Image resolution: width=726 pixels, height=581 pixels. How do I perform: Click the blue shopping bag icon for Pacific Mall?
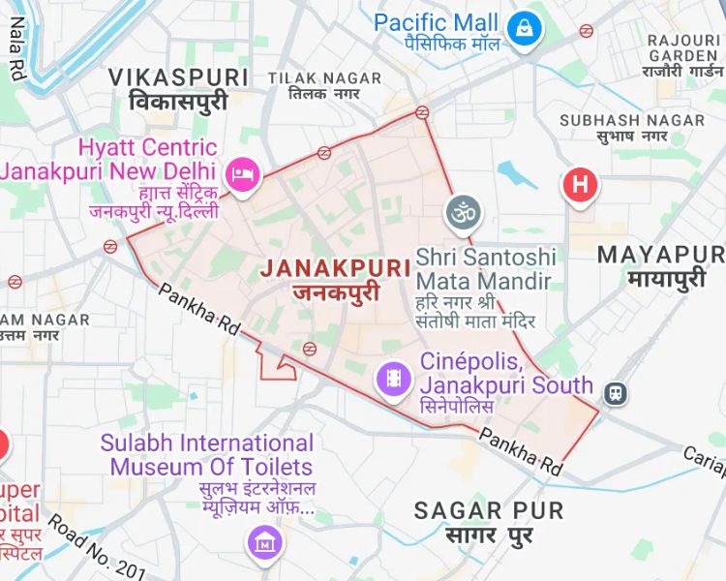click(x=524, y=26)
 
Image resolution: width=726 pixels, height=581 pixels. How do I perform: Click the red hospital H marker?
click(x=580, y=184)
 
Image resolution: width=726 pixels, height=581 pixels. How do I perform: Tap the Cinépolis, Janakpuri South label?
click(x=505, y=384)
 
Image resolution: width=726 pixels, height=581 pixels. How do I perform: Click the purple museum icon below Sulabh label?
click(x=263, y=542)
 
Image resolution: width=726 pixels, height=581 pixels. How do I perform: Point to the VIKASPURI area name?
click(x=178, y=87)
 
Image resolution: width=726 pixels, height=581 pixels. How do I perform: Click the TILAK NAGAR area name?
click(x=314, y=84)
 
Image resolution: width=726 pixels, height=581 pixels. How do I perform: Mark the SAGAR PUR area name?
click(x=489, y=521)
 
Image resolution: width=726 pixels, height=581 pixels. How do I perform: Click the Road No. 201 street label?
click(x=96, y=550)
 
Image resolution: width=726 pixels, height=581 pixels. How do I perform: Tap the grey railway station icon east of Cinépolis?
click(x=615, y=392)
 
